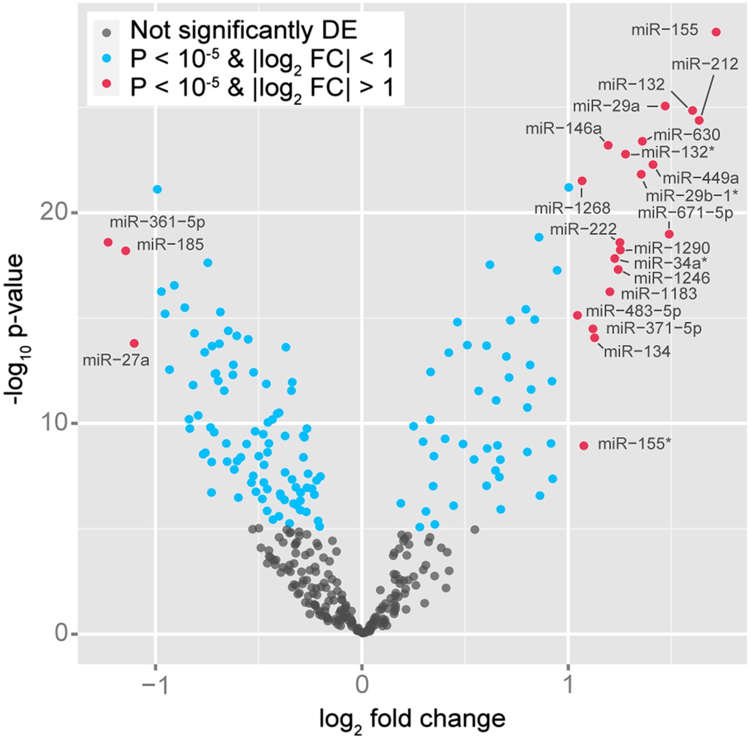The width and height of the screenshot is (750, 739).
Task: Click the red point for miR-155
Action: pyautogui.click(x=716, y=32)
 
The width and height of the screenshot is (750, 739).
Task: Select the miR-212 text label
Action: pyautogui.click(x=705, y=64)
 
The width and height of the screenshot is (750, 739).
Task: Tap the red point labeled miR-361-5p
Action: pyautogui.click(x=108, y=242)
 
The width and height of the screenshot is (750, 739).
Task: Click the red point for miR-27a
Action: pyautogui.click(x=134, y=343)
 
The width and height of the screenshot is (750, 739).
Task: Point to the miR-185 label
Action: pyautogui.click(x=170, y=244)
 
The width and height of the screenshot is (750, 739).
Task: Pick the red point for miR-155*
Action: pyautogui.click(x=584, y=445)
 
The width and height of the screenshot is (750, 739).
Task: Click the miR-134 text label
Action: pyautogui.click(x=637, y=351)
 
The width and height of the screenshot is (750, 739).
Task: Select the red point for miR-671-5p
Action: pyautogui.click(x=669, y=234)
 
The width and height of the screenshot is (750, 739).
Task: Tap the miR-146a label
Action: pyautogui.click(x=562, y=128)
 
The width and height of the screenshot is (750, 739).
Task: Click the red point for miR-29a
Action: pyautogui.click(x=665, y=105)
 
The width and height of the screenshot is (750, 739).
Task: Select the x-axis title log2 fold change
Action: pyautogui.click(x=412, y=718)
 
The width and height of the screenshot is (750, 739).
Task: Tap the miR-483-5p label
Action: pyautogui.click(x=633, y=311)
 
